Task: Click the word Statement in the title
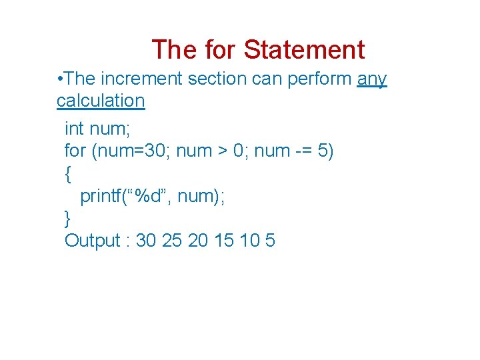(304, 50)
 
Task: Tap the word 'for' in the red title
(219, 50)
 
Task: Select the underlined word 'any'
(372, 79)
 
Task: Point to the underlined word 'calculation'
(101, 101)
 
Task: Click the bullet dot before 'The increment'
(61, 79)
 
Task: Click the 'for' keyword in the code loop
(75, 151)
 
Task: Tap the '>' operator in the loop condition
(221, 151)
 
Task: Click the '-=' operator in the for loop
(303, 151)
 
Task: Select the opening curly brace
(68, 175)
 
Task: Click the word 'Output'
(92, 240)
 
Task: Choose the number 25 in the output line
(172, 240)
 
